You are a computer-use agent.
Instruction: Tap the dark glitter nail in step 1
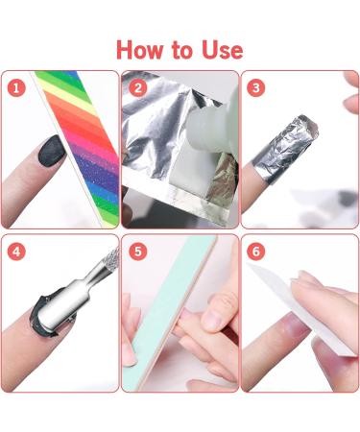click(x=47, y=150)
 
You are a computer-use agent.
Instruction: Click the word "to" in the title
click(x=181, y=49)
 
